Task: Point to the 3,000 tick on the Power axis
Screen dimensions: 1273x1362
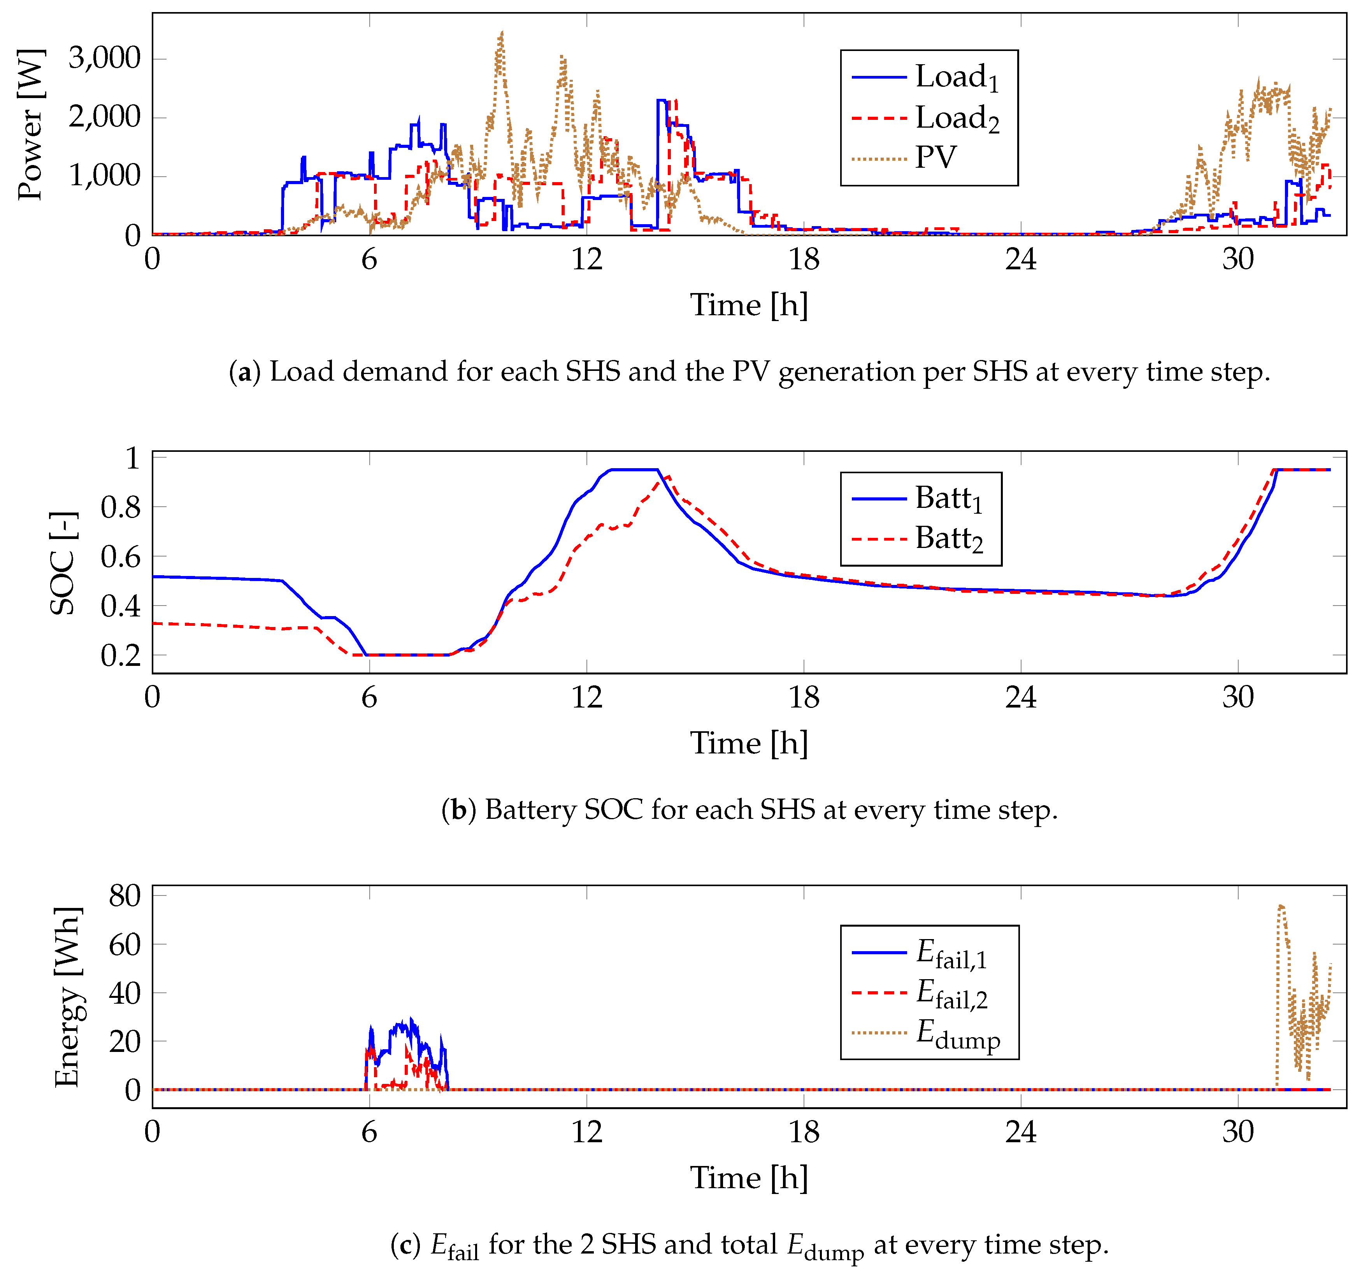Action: click(x=104, y=58)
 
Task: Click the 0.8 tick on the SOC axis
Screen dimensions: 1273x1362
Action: click(x=120, y=508)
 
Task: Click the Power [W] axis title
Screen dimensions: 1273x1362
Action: click(x=31, y=125)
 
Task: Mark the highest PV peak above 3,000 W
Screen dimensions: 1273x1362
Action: click(x=502, y=32)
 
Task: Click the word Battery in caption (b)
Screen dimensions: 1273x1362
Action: click(x=530, y=810)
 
